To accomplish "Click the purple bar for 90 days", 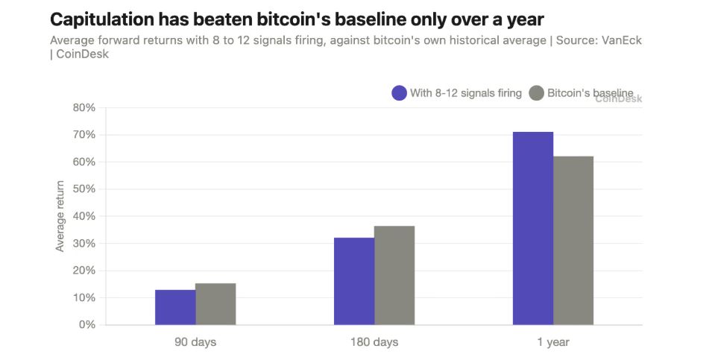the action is point(175,307).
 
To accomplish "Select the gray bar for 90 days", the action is point(215,304).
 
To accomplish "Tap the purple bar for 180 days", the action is point(354,282).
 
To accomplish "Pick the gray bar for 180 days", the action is point(394,276).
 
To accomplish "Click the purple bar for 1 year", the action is point(533,228).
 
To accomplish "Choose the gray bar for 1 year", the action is point(573,241).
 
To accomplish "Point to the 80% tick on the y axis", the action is point(84,108).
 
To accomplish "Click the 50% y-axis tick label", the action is point(84,189).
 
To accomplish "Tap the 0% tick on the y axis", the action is point(87,325).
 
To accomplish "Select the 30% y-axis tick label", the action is point(84,244).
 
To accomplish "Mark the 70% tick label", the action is point(84,135).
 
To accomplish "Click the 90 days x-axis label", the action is point(195,342).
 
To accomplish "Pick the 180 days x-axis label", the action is point(374,342).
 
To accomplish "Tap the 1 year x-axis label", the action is point(553,342).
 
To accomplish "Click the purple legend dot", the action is point(399,93).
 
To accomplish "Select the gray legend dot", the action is point(536,93).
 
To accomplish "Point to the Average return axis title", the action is point(60,216).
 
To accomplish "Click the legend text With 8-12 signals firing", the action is point(466,93).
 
